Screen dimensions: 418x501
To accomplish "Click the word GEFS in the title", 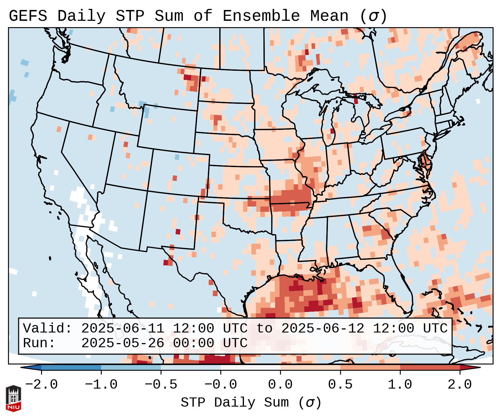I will coord(28,16).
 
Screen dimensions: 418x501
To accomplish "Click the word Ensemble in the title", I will coord(261,16).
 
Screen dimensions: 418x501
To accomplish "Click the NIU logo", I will coord(13,398).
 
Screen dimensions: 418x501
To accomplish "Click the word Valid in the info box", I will coord(47,329).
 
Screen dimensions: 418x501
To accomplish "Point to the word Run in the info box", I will coord(39,343).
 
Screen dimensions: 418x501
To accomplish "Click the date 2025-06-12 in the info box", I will coord(323,329).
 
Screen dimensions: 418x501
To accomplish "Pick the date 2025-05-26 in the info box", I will coord(123,343).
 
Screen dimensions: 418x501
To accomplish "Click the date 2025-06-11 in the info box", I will coord(123,329).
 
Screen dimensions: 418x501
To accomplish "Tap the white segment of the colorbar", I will coord(250,367).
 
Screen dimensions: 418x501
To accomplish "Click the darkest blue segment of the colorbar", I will coord(71,367).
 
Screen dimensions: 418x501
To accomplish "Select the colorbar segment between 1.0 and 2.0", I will coord(430,367).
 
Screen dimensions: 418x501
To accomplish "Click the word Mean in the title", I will coord(329,16).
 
